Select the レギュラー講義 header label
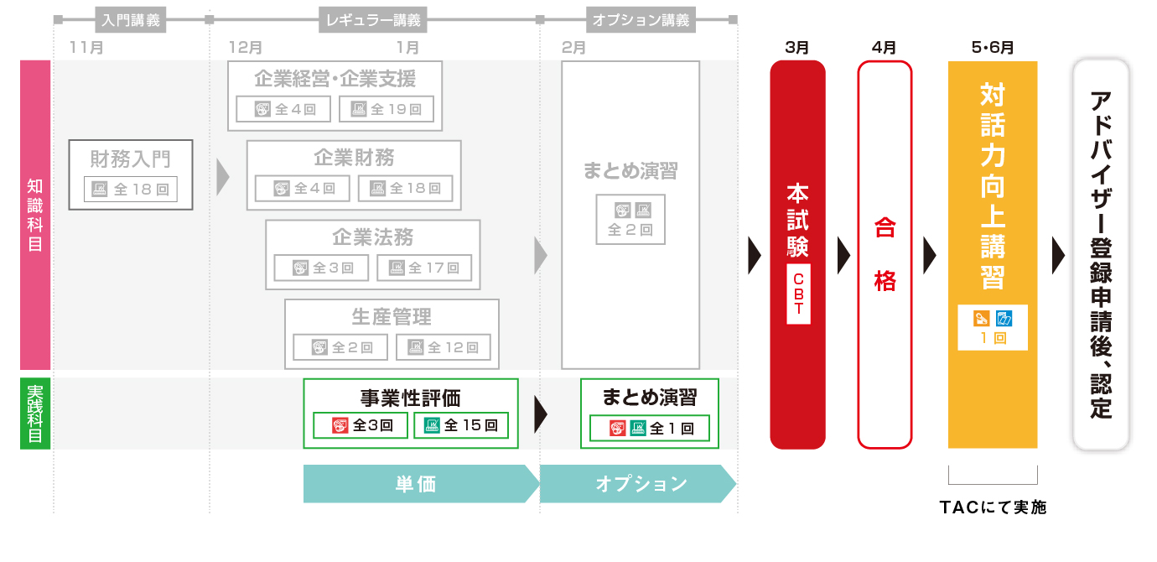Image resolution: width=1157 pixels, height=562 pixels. coord(373,19)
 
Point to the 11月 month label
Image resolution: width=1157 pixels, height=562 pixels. coord(87,47)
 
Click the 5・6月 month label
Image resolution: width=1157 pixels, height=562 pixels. coord(993,47)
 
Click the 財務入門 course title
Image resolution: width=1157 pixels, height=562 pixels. coord(131,158)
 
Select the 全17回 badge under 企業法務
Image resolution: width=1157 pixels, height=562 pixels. coord(424,268)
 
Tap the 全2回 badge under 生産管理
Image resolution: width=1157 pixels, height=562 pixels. coord(340,347)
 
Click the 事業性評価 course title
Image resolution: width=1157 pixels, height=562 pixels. coord(411,397)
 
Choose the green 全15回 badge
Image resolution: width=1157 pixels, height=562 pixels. coord(461,426)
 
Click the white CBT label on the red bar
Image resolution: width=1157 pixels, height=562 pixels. coord(798,293)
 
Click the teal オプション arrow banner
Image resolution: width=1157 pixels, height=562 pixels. coord(639,484)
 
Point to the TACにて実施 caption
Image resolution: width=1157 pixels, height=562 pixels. coord(993,507)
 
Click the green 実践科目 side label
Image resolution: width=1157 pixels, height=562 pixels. coord(35,414)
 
